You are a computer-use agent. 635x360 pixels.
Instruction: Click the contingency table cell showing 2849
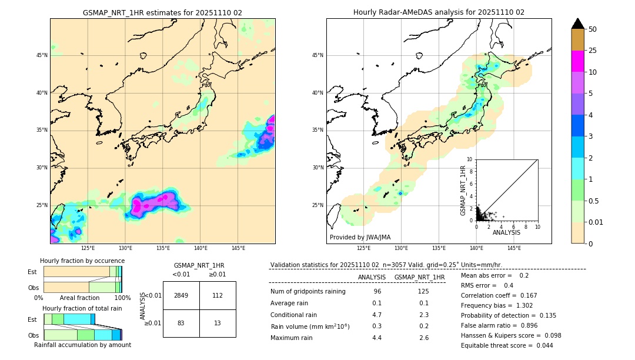tap(181, 295)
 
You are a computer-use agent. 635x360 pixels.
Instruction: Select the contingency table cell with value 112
tap(218, 295)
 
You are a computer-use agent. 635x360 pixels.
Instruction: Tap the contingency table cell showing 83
tap(181, 323)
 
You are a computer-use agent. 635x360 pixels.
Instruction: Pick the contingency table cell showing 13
tap(218, 323)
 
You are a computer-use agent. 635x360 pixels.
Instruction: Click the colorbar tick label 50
tap(593, 29)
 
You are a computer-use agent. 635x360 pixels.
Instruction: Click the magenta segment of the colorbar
tap(577, 61)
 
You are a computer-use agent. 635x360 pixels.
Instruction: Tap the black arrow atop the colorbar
tap(577, 24)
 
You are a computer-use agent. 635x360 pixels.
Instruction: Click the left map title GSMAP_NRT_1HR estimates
tap(162, 12)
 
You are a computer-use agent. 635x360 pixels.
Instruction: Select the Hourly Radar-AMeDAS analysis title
tap(439, 12)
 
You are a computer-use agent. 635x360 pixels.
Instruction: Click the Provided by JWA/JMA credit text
tap(360, 237)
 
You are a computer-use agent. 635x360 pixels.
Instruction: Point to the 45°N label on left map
tap(42, 55)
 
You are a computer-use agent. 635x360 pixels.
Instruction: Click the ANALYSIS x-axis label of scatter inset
tap(506, 232)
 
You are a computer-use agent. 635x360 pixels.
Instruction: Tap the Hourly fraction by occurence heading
tap(82, 261)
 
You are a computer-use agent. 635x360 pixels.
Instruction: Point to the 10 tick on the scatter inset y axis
tap(469, 159)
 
